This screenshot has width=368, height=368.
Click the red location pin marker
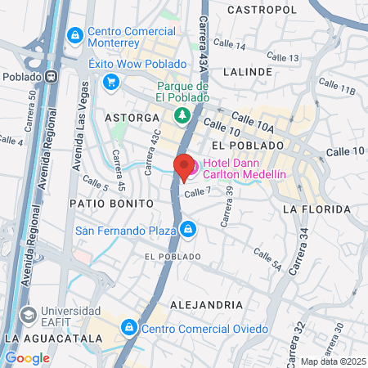[185, 166]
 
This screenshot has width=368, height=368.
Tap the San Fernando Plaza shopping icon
[189, 229]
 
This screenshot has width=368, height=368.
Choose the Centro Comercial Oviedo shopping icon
[128, 329]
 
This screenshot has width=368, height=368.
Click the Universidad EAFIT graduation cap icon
[29, 314]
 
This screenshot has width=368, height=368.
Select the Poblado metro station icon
[51, 74]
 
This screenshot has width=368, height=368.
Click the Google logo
[27, 357]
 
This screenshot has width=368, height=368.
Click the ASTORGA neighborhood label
[131, 118]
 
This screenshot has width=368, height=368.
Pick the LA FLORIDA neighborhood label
[316, 209]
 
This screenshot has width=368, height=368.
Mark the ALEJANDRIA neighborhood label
[206, 304]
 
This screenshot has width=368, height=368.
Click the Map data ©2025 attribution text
[333, 361]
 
